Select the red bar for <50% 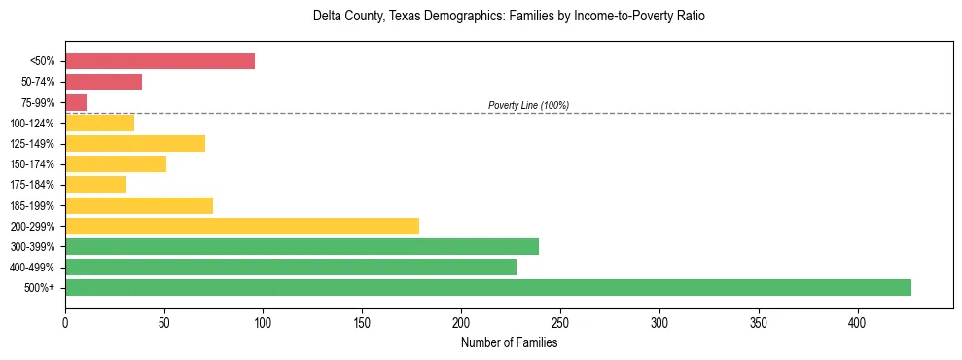[160, 61]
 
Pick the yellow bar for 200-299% [242, 226]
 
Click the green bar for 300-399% [302, 246]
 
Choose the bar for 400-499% [291, 267]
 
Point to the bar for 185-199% [139, 205]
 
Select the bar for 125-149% [135, 144]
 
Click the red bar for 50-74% [103, 82]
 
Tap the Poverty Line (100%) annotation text [528, 105]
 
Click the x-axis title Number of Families [509, 342]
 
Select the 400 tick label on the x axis [858, 322]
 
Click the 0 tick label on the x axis [65, 322]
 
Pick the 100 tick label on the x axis [264, 322]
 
